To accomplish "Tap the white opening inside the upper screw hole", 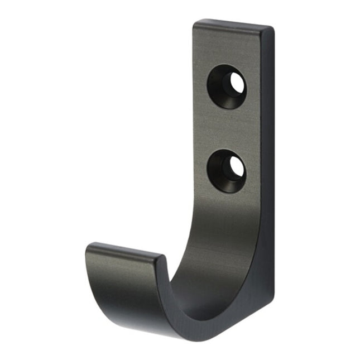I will click(236, 84).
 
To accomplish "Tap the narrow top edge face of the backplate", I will click(233, 25).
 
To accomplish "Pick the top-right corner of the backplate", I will click(273, 28).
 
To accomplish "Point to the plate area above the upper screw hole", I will click(229, 47).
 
